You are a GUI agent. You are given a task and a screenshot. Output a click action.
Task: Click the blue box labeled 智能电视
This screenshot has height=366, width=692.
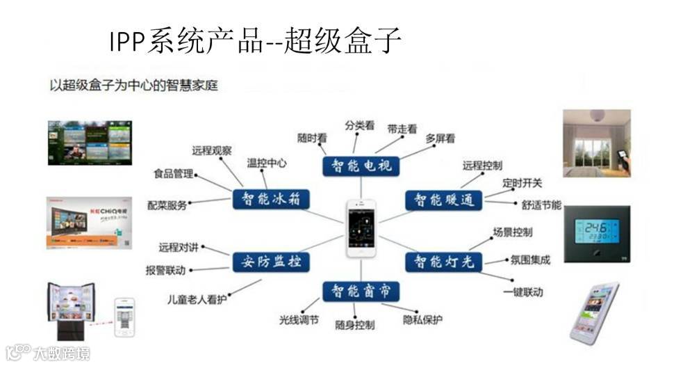click(x=357, y=165)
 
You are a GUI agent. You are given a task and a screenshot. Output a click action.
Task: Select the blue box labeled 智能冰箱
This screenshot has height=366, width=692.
click(x=270, y=200)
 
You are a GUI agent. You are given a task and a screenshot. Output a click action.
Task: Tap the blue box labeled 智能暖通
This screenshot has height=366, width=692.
click(x=444, y=200)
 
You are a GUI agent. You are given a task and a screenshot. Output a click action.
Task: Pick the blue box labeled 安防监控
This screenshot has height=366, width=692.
click(x=270, y=262)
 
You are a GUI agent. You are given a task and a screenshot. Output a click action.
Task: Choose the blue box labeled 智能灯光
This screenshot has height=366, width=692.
click(x=444, y=262)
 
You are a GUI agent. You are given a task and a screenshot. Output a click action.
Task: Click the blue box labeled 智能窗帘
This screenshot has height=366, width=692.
click(x=357, y=291)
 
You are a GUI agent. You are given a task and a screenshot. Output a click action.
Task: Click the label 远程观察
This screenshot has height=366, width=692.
click(x=212, y=150)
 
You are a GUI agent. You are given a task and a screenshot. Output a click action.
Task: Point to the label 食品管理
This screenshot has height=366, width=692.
click(x=173, y=174)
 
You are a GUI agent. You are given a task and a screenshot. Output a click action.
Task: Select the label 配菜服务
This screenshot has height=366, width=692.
click(x=167, y=205)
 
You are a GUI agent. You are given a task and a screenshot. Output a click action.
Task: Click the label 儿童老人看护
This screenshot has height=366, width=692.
click(x=197, y=299)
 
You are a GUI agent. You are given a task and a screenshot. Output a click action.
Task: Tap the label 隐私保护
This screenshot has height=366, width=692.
click(x=422, y=319)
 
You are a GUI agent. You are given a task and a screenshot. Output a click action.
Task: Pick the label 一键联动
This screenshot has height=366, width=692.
click(x=522, y=292)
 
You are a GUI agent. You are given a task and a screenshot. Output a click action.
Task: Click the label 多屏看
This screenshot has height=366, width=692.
click(x=440, y=138)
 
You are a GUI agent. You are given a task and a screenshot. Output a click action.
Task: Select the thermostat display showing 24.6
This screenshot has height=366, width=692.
click(x=597, y=233)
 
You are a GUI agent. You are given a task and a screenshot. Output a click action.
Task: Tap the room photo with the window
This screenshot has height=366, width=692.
click(x=596, y=143)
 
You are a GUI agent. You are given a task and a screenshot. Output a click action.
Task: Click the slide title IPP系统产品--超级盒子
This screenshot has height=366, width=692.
click(x=255, y=41)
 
